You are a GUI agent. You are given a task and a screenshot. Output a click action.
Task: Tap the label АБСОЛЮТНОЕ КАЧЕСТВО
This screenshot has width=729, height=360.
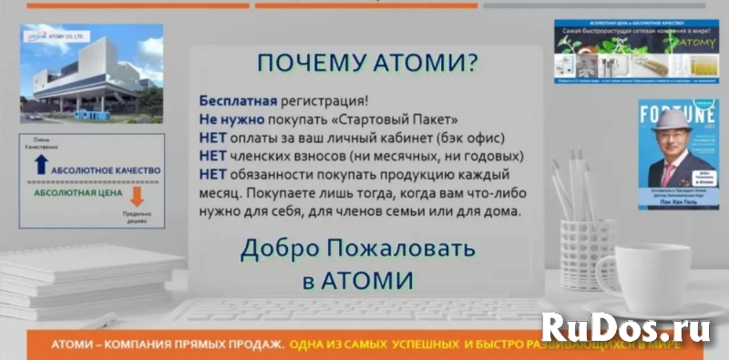coord(108,170)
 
